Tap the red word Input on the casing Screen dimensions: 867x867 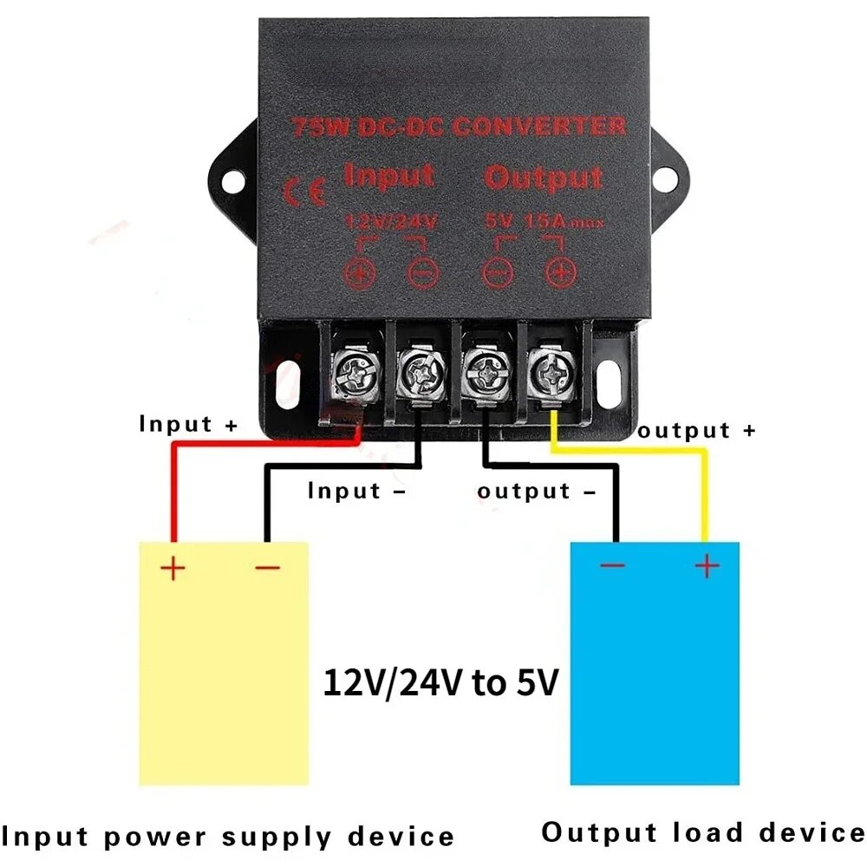[x=388, y=176]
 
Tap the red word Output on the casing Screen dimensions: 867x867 [x=543, y=179]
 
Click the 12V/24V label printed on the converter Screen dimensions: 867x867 [x=390, y=222]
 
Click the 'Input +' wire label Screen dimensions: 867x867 [x=188, y=425]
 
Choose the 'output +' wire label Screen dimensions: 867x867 [x=697, y=431]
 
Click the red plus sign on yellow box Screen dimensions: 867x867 [x=173, y=568]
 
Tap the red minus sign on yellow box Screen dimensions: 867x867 [x=268, y=568]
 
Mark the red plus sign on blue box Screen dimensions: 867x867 [x=707, y=566]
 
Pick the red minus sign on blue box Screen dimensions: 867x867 [x=613, y=566]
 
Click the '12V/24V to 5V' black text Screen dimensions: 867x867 [x=440, y=683]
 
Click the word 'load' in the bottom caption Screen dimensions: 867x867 [x=708, y=833]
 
